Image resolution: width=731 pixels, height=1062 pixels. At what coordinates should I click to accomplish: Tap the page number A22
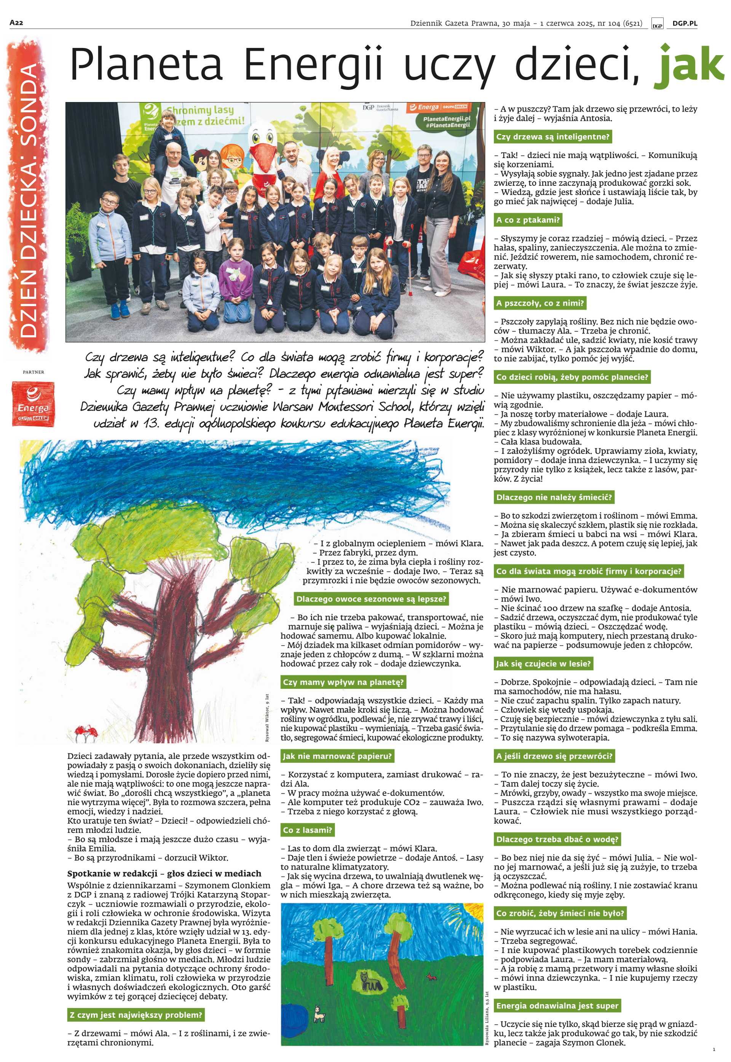click(x=16, y=23)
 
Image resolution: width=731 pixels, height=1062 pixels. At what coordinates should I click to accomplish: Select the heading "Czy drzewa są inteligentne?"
click(x=553, y=136)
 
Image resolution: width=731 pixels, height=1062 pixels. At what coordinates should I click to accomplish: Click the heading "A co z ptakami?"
click(x=528, y=220)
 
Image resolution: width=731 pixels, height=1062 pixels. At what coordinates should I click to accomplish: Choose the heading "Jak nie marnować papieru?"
click(x=338, y=756)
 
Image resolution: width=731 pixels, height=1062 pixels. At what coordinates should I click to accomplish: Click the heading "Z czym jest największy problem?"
click(x=136, y=1015)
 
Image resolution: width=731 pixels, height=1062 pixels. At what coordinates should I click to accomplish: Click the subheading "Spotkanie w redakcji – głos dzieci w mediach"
click(x=164, y=873)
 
